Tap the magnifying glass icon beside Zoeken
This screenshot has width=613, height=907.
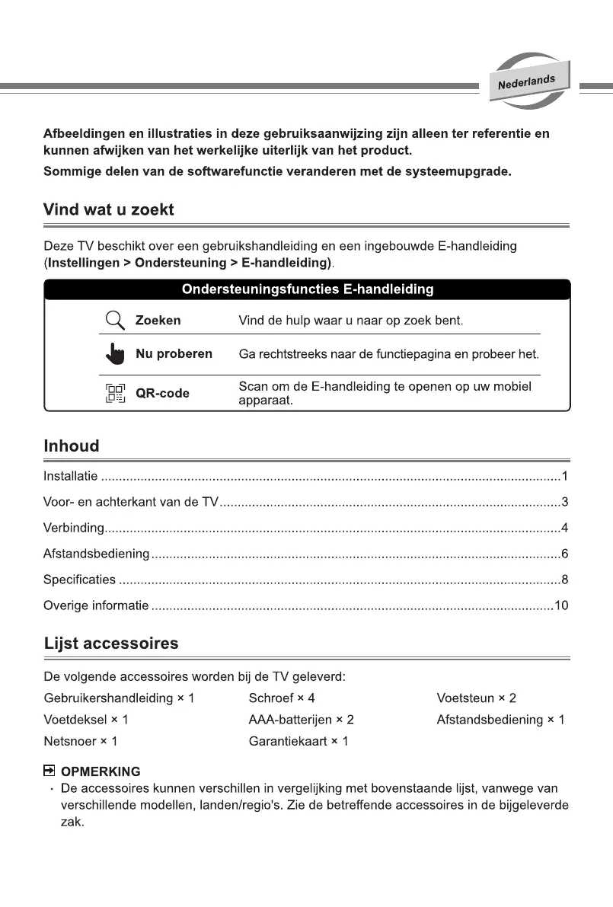coord(114,320)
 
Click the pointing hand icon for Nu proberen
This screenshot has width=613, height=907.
coord(114,354)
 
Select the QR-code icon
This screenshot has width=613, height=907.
coord(114,394)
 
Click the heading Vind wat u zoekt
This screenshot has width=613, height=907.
coord(109,209)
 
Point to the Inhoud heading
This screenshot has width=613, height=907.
coord(72,446)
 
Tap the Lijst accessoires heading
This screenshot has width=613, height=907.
coord(112,644)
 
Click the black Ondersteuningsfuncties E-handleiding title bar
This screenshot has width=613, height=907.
coord(307,289)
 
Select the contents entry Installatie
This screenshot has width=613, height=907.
coord(70,477)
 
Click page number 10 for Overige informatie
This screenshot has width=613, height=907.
coord(561,605)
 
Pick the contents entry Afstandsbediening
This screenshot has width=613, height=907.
coord(96,554)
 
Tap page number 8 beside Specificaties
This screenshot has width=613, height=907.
coord(564,580)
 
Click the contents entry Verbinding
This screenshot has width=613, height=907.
coord(73,528)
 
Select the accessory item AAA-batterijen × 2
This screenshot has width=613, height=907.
coord(301,720)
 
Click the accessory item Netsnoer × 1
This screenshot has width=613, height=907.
coord(81,741)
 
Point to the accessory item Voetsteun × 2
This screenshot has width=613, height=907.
coord(476,698)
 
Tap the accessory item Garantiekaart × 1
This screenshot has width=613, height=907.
coord(298,741)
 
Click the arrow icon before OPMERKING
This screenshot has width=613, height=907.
coord(49,771)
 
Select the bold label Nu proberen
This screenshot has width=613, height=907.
coord(174,354)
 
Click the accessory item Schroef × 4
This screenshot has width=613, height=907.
coord(281,698)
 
